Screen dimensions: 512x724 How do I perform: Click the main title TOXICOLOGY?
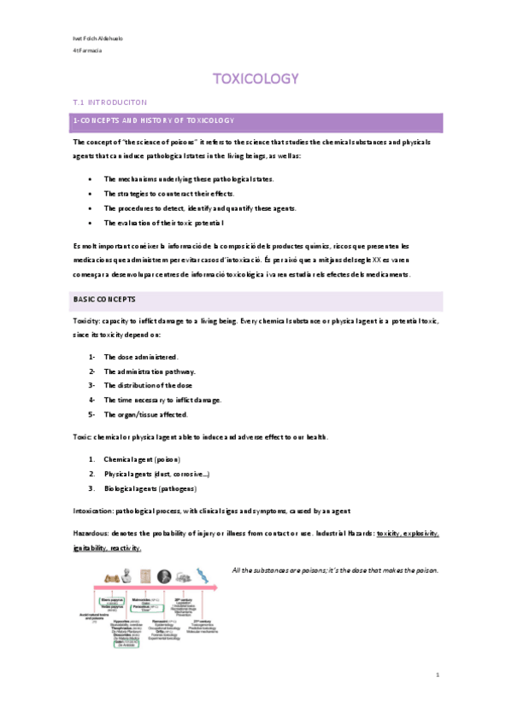click(x=256, y=79)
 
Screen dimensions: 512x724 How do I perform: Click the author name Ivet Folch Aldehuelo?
click(x=95, y=40)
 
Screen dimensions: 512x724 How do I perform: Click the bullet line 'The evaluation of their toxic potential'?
click(x=163, y=222)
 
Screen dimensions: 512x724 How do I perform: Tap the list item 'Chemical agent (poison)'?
click(x=143, y=459)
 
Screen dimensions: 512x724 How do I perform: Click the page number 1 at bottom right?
click(x=436, y=674)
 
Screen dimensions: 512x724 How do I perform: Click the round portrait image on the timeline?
click(x=164, y=576)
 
